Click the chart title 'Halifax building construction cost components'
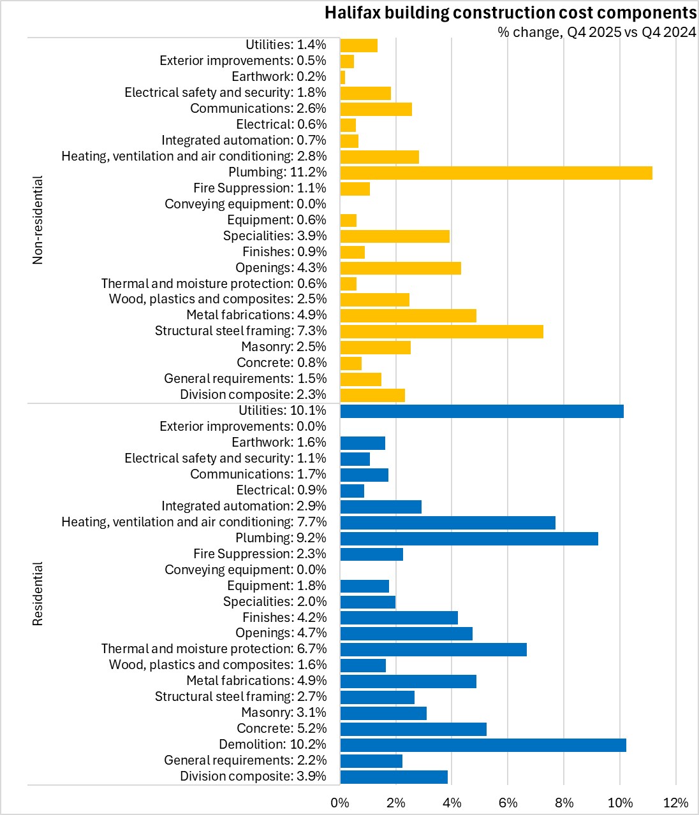point(510,13)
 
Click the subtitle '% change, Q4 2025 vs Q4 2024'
point(596,32)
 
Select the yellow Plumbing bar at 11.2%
point(496,173)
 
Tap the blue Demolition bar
point(483,745)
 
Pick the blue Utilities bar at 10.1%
point(482,411)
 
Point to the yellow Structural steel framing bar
point(441,331)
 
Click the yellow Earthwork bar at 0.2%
point(342,77)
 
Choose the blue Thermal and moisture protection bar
point(433,649)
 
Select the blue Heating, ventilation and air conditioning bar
point(447,523)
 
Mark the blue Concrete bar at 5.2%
point(413,729)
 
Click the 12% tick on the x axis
point(675,803)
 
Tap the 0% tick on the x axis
point(340,803)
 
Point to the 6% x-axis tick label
point(508,803)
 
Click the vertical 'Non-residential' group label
point(38,220)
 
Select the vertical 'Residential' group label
point(38,593)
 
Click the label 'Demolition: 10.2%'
point(272,744)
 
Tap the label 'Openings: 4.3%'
point(281,268)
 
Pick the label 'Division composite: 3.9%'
point(253,776)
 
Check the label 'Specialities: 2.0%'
point(274,602)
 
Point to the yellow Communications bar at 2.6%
point(376,109)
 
